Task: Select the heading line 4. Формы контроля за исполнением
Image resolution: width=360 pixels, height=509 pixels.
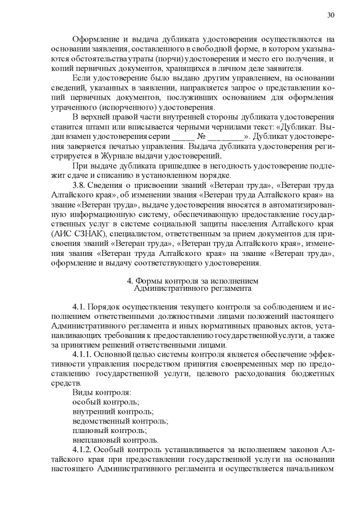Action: pos(191,281)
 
